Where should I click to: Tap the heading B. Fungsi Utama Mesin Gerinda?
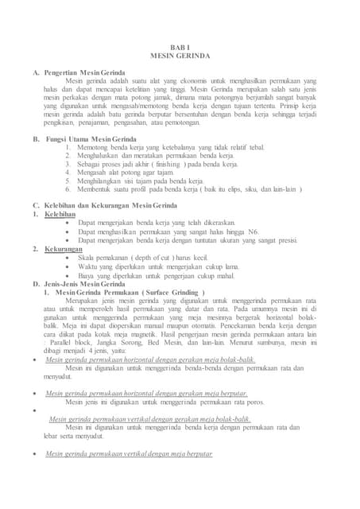click(x=90, y=139)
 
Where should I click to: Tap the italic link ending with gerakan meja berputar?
click(x=146, y=393)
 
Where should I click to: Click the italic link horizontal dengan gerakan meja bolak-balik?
click(x=145, y=359)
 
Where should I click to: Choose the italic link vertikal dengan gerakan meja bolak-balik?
click(x=150, y=418)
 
